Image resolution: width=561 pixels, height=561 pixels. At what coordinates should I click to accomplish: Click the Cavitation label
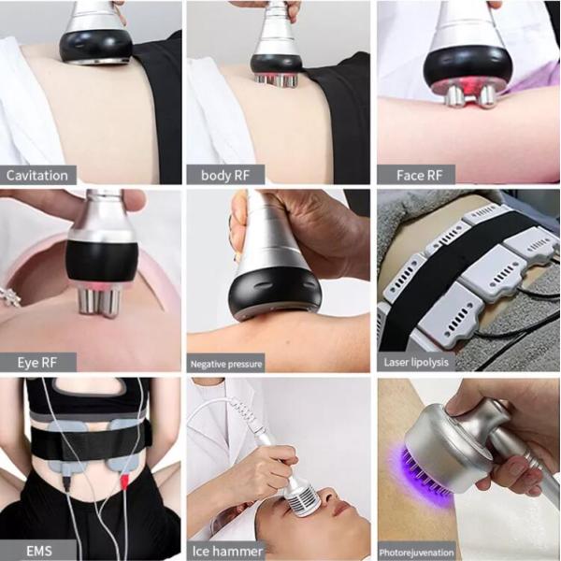pos(37,175)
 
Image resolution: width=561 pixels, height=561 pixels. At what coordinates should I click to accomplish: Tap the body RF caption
pos(226,175)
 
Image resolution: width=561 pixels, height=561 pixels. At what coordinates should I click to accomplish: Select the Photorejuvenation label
pos(417,551)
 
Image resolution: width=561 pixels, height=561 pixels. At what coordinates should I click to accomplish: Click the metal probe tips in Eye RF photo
pos(97,300)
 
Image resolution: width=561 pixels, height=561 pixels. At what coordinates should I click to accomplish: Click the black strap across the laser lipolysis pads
pos(439,271)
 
